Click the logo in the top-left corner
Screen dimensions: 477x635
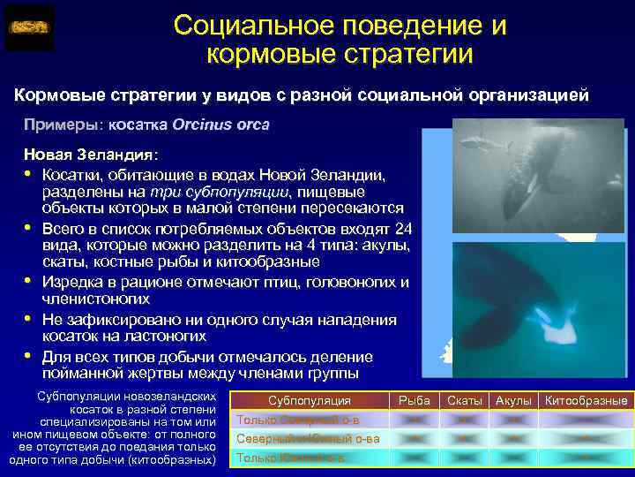tap(29, 27)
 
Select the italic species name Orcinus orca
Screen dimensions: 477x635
tap(221, 125)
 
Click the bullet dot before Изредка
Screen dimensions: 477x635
tap(28, 283)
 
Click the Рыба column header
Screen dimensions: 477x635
tap(415, 401)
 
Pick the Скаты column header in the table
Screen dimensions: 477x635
tap(465, 401)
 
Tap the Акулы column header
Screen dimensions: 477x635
tap(512, 401)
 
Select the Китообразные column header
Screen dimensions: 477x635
tap(586, 401)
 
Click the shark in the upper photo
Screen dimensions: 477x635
tap(476, 139)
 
